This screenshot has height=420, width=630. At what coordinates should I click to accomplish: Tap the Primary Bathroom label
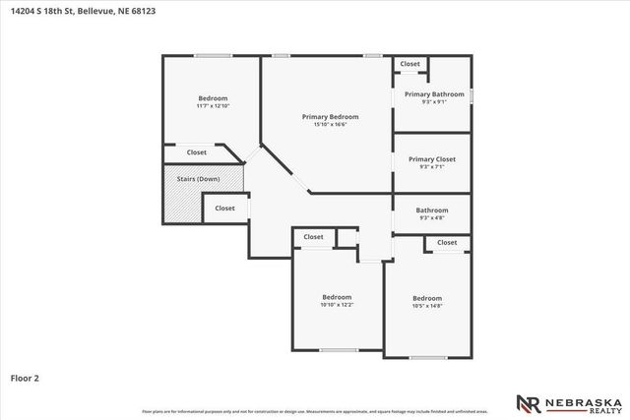point(434,94)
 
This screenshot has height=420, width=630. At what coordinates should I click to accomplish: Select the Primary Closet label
point(432,159)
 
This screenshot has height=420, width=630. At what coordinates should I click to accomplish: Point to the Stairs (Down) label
point(197,179)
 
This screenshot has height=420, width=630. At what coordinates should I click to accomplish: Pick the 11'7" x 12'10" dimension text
point(213,106)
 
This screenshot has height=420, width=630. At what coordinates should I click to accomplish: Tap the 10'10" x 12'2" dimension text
point(337,305)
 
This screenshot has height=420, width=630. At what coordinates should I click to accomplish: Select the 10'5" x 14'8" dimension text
point(427,306)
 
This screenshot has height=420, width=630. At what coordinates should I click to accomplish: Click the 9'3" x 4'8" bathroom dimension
point(432,217)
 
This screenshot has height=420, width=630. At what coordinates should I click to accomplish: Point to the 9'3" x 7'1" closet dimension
point(432,167)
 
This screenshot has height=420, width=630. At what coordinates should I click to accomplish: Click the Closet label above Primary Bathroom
point(410,64)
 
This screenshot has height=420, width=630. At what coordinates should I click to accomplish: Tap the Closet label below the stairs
point(225,209)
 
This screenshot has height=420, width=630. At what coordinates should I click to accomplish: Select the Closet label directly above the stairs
point(197,152)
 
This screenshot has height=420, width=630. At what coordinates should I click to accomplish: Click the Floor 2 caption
point(25,378)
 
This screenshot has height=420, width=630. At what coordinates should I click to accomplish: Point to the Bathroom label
point(432,210)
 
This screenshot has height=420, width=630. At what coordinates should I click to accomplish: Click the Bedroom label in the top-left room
point(213,98)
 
